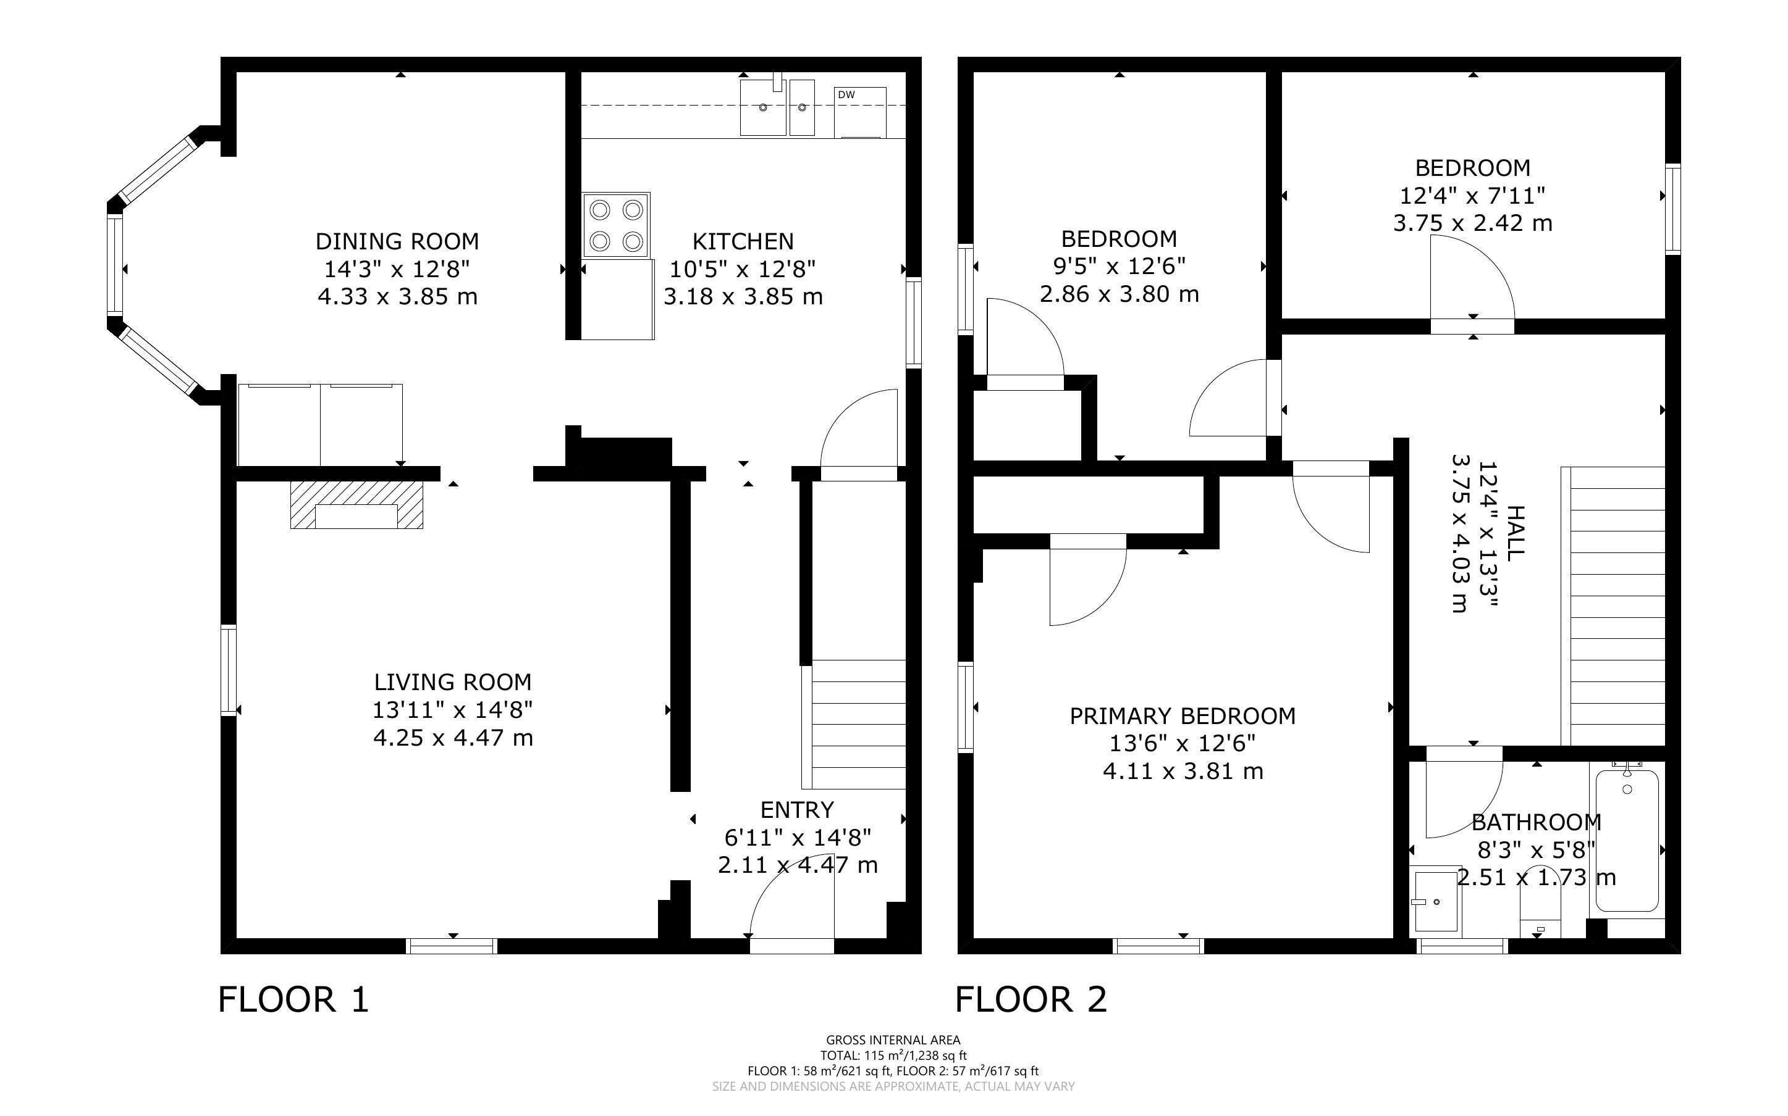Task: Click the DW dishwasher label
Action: click(x=846, y=94)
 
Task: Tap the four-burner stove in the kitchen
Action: click(x=616, y=225)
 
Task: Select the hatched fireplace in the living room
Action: click(x=356, y=505)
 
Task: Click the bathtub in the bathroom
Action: click(x=1627, y=840)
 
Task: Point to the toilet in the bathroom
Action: click(x=1540, y=902)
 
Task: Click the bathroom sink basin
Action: click(x=1435, y=902)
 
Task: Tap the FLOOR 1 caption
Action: click(x=293, y=999)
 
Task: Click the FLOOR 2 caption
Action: click(x=1031, y=999)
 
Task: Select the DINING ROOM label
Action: click(x=397, y=241)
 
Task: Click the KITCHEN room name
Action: click(x=743, y=241)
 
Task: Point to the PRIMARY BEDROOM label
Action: click(x=1183, y=716)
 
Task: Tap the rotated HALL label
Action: click(x=1515, y=533)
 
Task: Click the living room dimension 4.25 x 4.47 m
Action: click(x=453, y=738)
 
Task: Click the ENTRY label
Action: click(x=797, y=810)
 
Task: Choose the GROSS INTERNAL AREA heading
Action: click(x=893, y=1040)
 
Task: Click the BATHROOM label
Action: click(x=1536, y=822)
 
